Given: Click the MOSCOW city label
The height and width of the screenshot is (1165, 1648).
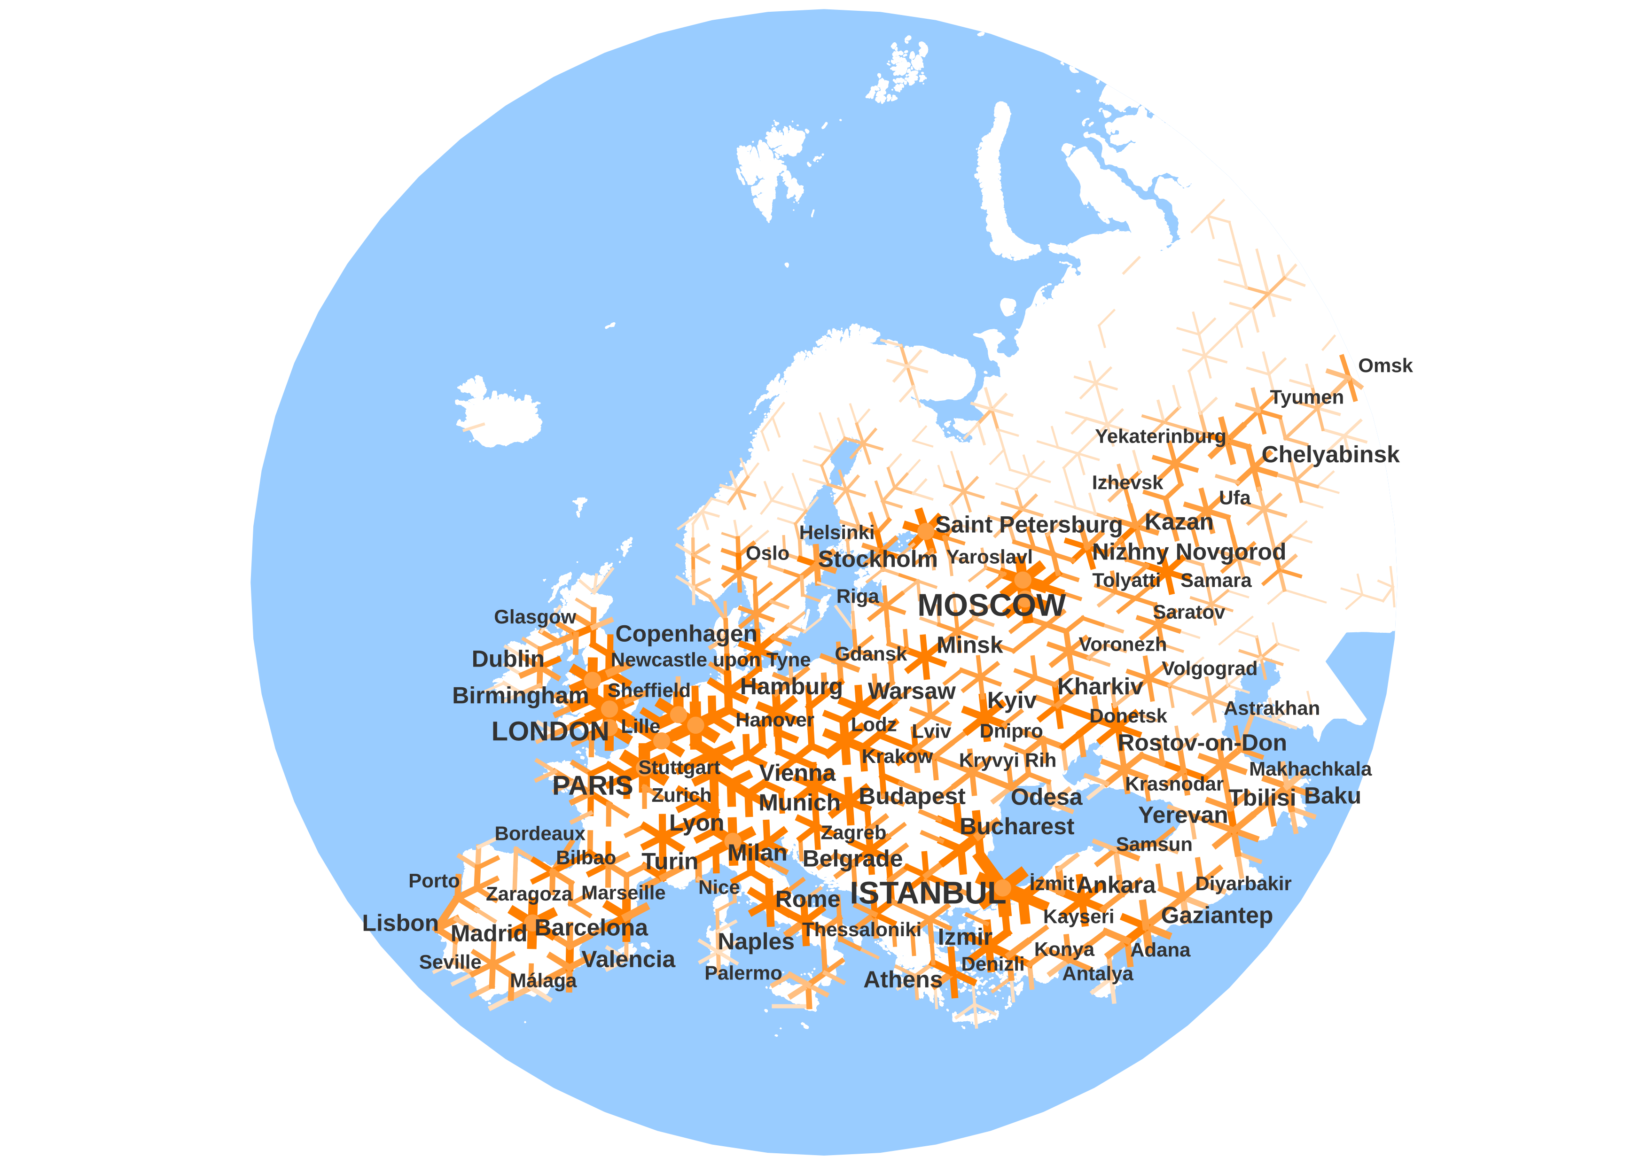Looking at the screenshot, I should click(991, 606).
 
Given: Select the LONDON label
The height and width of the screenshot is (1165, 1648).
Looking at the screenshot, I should click(550, 732).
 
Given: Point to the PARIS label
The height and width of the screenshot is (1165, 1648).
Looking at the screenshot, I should click(592, 785).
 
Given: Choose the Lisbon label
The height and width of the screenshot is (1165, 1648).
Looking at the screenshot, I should click(400, 923).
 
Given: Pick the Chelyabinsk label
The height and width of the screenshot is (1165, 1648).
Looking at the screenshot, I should click(1330, 455).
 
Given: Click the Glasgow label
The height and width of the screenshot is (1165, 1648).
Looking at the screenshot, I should click(535, 617).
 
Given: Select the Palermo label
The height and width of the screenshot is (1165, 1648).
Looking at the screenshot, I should click(743, 973).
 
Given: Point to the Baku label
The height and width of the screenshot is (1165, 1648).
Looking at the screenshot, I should click(1332, 796).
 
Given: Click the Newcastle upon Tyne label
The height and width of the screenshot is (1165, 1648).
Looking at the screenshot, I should click(710, 660).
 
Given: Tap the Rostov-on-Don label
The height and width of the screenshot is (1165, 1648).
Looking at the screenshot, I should click(1202, 743).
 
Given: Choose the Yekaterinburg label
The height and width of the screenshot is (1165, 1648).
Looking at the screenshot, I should click(1160, 436).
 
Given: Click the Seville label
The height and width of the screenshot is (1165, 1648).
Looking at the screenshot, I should click(450, 963).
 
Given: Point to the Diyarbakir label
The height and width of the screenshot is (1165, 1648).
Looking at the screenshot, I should click(1242, 884).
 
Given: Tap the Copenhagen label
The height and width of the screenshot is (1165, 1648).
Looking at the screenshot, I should click(686, 634).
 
